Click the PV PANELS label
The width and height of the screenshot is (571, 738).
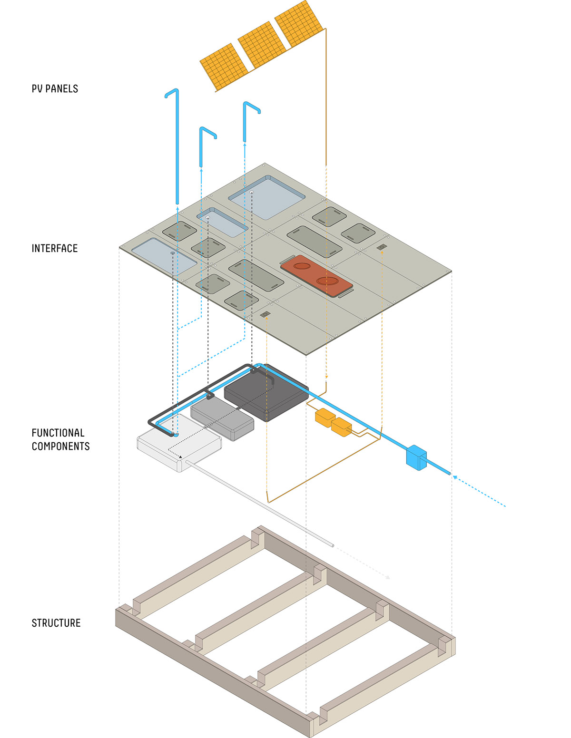point(55,89)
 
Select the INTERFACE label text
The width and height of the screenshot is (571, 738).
point(54,248)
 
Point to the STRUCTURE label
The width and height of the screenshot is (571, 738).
point(56,623)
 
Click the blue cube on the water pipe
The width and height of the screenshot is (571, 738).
point(416,457)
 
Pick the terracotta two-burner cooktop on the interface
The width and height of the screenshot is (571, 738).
point(316,276)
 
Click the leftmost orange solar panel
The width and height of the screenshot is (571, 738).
point(223,67)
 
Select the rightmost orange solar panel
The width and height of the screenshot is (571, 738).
point(298,24)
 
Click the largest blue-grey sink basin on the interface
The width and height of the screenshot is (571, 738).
point(266,197)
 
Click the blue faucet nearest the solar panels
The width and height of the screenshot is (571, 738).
point(246,121)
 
